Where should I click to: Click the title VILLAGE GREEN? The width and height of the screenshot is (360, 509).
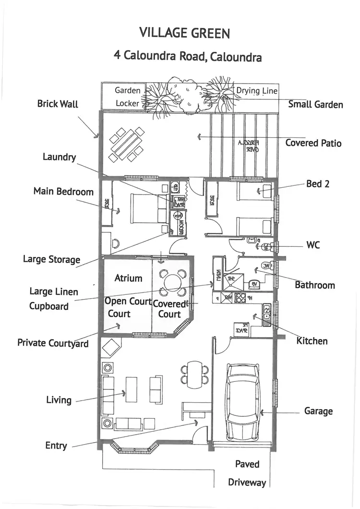(184, 33)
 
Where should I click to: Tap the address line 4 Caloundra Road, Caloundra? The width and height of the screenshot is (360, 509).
(188, 56)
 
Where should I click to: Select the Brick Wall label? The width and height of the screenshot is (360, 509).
(57, 104)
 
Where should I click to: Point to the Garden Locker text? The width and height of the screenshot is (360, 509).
(127, 97)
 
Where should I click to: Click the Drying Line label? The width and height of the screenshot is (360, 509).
(256, 91)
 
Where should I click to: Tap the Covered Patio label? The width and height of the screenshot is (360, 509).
(313, 143)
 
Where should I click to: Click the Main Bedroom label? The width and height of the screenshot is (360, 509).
(63, 192)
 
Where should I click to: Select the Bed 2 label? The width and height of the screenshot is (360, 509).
(317, 184)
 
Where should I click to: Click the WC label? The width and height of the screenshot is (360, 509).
(313, 245)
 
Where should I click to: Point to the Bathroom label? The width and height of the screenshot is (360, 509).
(314, 285)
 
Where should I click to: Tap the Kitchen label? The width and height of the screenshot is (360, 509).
(312, 341)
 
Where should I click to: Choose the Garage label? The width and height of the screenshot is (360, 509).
(318, 412)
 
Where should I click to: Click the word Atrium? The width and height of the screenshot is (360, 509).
(128, 278)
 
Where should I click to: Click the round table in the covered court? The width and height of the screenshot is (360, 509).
(172, 282)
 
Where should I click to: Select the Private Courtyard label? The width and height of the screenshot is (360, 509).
(53, 343)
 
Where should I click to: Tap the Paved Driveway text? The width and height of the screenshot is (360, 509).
(247, 473)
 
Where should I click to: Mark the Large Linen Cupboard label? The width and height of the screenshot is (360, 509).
(49, 299)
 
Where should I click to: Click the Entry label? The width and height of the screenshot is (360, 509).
(56, 446)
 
